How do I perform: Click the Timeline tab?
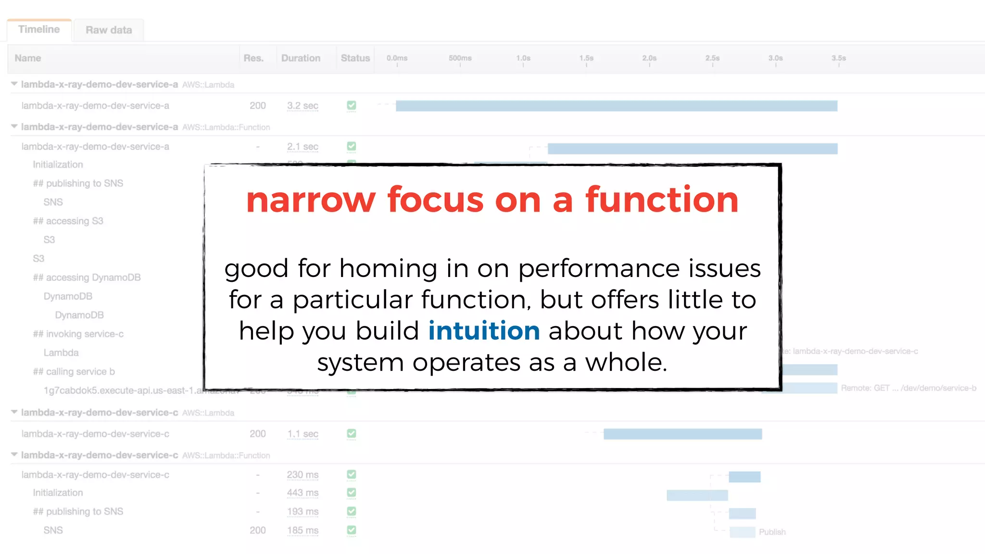(x=39, y=29)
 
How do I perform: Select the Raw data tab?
(x=109, y=30)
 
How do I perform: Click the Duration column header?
(x=301, y=58)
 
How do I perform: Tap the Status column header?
(x=355, y=58)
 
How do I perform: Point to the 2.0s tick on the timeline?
(x=649, y=59)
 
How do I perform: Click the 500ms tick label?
(x=460, y=58)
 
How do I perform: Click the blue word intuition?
(x=484, y=331)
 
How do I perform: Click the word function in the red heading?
(x=662, y=200)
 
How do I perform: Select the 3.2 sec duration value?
(x=303, y=106)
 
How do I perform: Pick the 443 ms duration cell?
(x=303, y=493)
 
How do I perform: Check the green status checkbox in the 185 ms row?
(x=352, y=530)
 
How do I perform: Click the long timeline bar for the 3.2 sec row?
(x=616, y=106)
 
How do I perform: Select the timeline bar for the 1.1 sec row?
(x=682, y=434)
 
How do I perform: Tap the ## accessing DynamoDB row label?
(x=87, y=277)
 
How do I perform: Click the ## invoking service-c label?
(x=78, y=334)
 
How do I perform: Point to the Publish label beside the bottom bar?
(x=772, y=532)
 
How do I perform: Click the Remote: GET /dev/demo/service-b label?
(x=908, y=388)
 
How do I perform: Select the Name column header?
(x=28, y=58)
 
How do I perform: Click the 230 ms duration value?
(x=303, y=475)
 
